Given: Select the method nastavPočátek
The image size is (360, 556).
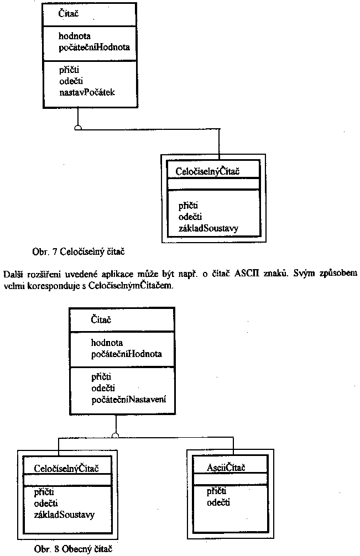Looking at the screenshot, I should [87, 92].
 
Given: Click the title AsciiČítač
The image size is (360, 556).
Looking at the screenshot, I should [226, 468].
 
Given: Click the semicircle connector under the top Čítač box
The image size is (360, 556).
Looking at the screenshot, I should [79, 128].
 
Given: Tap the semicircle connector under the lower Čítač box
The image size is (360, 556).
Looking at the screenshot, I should [115, 435].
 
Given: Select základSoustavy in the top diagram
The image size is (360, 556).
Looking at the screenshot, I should [208, 228].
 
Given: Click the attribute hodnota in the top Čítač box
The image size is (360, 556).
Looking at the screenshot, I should [74, 36].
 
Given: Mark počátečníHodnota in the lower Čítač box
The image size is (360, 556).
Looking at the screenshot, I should [127, 354].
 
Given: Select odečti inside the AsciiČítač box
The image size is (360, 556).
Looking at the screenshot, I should [218, 502].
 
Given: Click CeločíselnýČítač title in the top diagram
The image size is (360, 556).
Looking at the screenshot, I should [207, 171].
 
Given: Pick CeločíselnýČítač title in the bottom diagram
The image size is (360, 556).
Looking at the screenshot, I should [66, 469].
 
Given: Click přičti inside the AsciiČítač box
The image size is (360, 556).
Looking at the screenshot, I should [217, 491].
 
